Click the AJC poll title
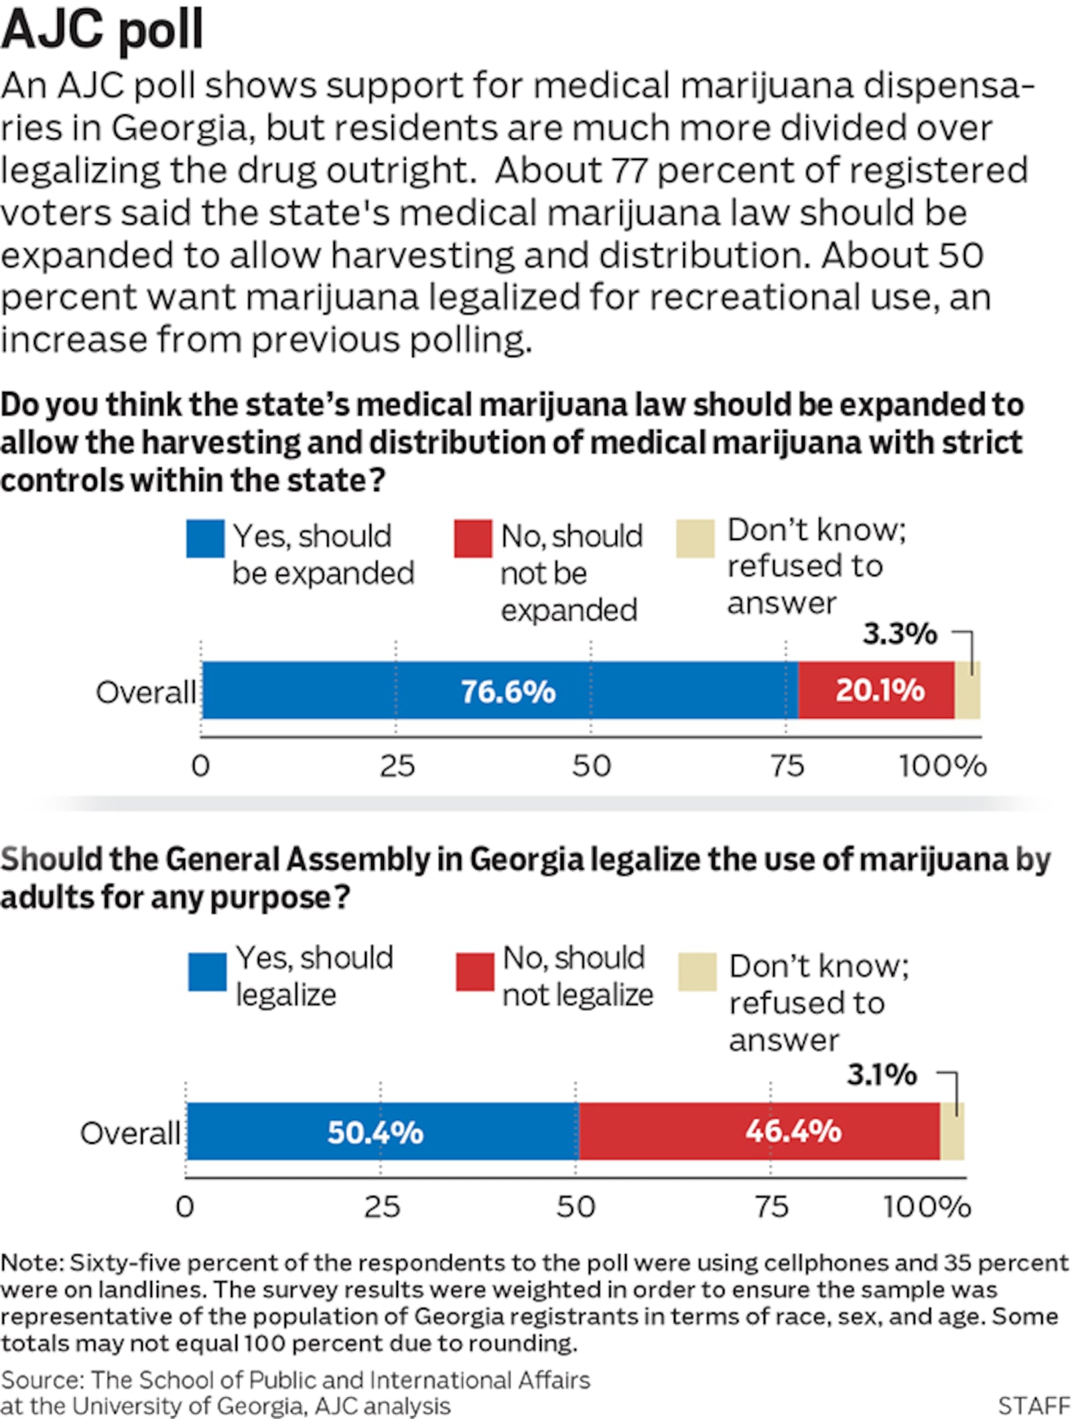point(102,29)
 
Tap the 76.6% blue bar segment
point(499,690)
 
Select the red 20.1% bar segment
point(876,690)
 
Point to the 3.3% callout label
point(899,634)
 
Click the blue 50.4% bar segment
point(382,1132)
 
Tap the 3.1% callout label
point(882,1075)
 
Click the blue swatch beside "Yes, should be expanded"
point(205,539)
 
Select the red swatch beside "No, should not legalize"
point(475,972)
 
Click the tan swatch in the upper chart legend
point(695,539)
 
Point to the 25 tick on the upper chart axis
point(397,766)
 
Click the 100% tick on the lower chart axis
point(927,1207)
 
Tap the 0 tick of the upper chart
point(200,766)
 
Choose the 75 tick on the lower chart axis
point(771,1207)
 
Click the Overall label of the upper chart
point(145,692)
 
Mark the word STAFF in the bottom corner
point(1034,1405)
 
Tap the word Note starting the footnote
point(31,1262)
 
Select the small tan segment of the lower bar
point(952,1132)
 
